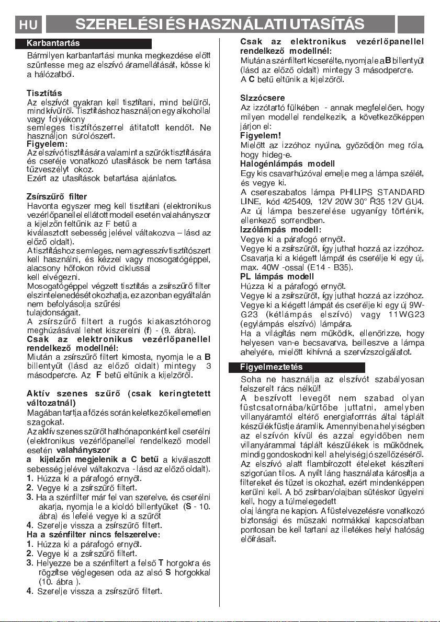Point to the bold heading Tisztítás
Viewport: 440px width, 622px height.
pos(44,92)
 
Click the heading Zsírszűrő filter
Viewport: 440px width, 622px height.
pos(57,197)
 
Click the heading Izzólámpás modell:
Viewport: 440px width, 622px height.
pos(281,229)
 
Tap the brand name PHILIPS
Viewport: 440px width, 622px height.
pos(357,192)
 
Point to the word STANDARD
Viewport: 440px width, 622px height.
pos(402,192)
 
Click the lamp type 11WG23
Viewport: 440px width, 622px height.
pos(405,314)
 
